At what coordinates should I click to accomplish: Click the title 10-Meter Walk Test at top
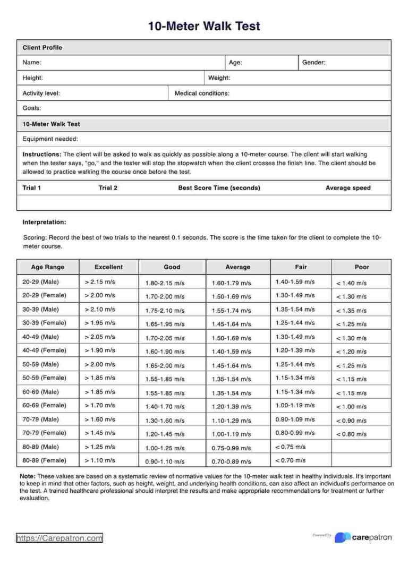coord(204,26)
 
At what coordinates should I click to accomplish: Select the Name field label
coord(32,63)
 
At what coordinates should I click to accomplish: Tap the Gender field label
coord(313,63)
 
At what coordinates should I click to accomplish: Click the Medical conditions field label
coord(202,93)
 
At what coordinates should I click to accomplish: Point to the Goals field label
coord(32,108)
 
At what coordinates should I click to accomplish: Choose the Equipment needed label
coord(50,139)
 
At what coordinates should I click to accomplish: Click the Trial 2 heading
coord(108,188)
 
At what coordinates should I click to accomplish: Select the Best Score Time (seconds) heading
coord(219,188)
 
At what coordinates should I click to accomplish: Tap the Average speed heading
coord(348,188)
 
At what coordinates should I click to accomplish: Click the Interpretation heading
coord(44,222)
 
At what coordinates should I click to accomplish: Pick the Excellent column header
coord(108,267)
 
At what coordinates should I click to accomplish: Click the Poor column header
coord(361,267)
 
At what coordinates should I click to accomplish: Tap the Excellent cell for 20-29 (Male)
coord(100,282)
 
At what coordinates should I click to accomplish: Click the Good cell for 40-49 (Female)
coord(165,351)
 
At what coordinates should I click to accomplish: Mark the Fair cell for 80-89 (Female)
coord(290,460)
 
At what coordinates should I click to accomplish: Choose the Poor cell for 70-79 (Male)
coord(351,420)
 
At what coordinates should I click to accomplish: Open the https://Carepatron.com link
coord(59,538)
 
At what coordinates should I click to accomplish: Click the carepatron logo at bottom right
coord(364,537)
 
